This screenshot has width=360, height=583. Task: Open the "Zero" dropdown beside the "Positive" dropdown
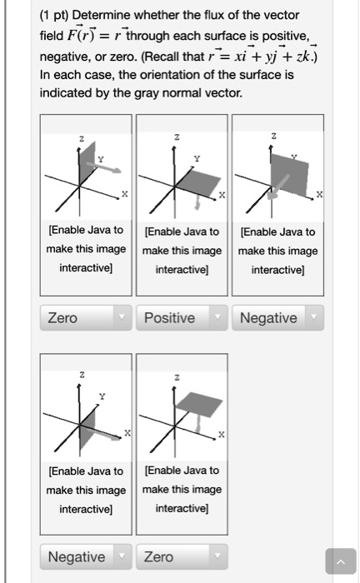click(85, 318)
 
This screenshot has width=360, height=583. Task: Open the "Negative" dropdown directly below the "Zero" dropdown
click(85, 556)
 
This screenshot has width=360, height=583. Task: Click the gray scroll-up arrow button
click(339, 564)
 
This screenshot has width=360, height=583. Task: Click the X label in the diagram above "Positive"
click(220, 193)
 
